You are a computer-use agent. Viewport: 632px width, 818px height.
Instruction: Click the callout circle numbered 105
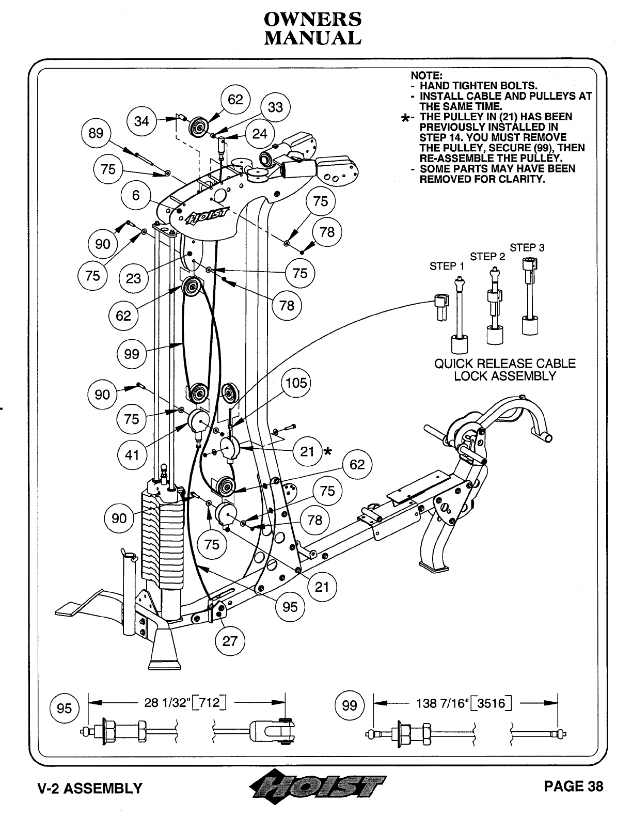click(296, 383)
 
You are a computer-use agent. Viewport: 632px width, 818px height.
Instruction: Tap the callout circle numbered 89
click(96, 133)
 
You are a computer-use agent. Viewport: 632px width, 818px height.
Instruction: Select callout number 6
click(136, 195)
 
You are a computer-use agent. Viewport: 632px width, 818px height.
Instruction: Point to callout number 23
click(133, 278)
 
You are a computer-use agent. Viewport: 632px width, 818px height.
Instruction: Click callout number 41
click(132, 455)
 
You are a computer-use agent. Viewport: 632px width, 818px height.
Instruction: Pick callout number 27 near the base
click(230, 641)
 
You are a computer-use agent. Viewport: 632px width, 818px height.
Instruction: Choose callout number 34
click(141, 121)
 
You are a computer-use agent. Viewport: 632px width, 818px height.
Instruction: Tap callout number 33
click(276, 107)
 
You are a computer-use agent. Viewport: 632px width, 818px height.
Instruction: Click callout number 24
click(260, 134)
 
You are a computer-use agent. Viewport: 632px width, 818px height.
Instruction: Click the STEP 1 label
click(447, 266)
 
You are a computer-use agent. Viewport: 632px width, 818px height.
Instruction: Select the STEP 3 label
click(527, 248)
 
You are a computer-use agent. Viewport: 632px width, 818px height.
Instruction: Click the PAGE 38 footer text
click(573, 786)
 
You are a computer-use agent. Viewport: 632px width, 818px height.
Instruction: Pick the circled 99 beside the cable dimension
click(350, 705)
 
